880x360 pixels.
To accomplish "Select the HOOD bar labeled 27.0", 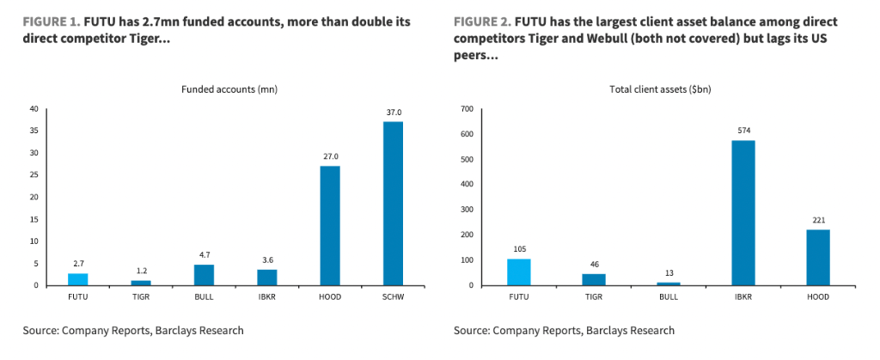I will point(330,225).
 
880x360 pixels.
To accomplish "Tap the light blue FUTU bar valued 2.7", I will point(78,278).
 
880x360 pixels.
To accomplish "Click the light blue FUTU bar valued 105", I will point(520,272).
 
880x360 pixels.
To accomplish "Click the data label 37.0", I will point(393,112).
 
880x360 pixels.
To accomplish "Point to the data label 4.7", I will point(204,254).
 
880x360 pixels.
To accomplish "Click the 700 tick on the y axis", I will point(468,109).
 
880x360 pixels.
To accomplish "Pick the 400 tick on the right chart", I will point(468,184).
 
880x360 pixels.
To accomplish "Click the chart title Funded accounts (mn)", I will point(229,89).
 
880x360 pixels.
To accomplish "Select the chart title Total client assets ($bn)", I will point(660,89).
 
